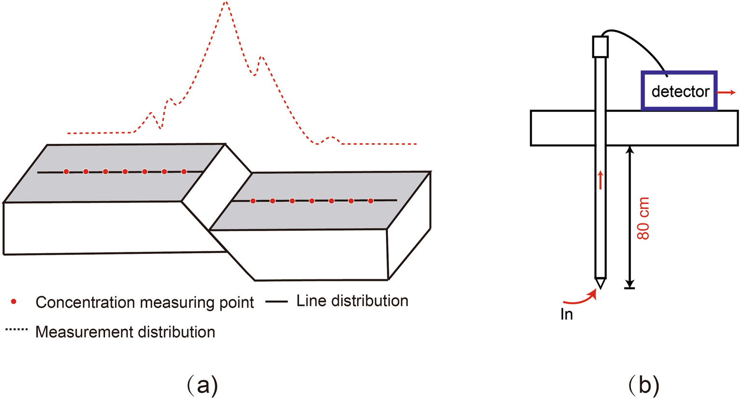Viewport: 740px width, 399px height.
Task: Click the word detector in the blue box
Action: [680, 91]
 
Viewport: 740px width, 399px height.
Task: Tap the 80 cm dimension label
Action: [643, 218]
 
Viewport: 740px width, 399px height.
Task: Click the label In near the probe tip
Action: [567, 315]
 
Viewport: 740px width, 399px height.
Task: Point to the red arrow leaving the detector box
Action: [726, 92]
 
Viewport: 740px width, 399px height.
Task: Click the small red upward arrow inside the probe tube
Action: [601, 179]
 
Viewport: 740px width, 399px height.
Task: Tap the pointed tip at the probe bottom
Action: [600, 284]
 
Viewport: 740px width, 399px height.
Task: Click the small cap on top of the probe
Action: [600, 47]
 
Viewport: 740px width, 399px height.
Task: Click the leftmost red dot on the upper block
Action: [66, 171]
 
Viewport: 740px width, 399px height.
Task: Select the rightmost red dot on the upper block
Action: [184, 171]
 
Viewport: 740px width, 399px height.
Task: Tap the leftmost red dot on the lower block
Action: [253, 201]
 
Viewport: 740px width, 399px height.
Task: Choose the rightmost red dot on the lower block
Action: [370, 201]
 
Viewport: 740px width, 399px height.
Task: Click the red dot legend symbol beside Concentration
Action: [14, 302]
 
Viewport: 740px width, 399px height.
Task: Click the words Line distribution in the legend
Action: [352, 301]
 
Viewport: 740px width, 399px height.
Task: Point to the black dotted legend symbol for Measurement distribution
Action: [16, 330]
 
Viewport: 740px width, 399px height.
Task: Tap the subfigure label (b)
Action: [644, 385]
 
